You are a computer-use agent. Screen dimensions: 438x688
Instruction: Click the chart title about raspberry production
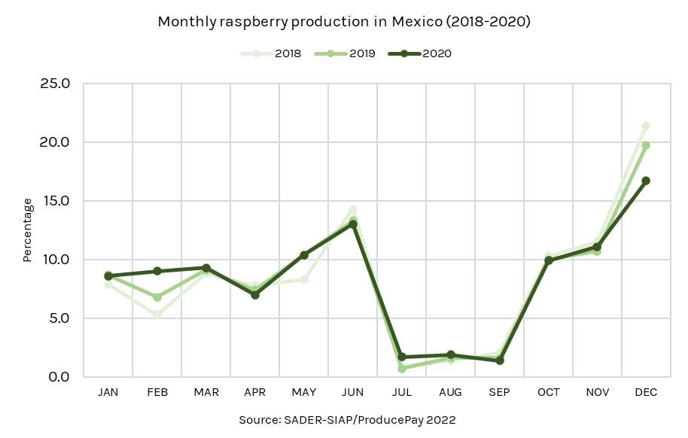coord(344,22)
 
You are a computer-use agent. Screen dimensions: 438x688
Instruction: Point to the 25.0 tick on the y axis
coord(55,84)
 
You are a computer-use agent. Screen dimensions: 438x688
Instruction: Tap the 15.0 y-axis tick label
coord(55,201)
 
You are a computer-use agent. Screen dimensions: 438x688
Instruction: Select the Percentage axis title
coord(27,230)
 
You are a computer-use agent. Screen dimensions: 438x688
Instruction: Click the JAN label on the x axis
coord(108,393)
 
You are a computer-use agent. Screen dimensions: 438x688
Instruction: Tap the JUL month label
coord(402,393)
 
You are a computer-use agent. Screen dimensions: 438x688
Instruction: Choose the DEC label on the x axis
coord(646,393)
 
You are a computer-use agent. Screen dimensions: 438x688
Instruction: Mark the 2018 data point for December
coord(646,126)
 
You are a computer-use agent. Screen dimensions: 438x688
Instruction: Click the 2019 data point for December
coord(646,145)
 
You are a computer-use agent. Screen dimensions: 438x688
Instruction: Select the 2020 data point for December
coord(646,181)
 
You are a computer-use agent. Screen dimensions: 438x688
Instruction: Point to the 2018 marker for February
coord(157,314)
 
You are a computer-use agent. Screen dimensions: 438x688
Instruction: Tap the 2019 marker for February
coord(157,297)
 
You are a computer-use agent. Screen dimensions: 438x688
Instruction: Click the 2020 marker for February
coord(157,271)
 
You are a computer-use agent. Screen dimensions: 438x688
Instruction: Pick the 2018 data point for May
coord(304,279)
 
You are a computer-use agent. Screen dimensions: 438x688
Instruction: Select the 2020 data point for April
coord(255,295)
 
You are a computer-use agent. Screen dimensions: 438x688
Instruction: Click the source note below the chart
coord(347,419)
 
